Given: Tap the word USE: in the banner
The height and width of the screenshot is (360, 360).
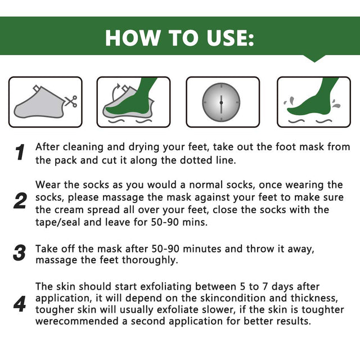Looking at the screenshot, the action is pos(230,38).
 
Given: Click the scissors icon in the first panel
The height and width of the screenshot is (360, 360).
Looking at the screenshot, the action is pos(71,101).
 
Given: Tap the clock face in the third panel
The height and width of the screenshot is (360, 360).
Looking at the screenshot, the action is pos(221,102).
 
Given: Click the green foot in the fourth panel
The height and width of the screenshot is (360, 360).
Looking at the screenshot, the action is pos(312,99).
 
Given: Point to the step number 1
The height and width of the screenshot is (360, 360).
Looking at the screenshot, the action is pos(20,152).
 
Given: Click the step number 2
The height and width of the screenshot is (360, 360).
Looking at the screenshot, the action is pos(20,201).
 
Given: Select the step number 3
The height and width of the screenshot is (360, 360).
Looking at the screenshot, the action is pos(20,253).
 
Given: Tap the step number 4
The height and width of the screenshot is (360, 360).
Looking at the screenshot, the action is pos(20,304).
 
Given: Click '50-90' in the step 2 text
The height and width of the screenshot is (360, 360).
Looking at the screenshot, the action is pos(165,222).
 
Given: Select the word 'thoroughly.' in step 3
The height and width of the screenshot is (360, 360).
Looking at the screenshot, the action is pos(150,260).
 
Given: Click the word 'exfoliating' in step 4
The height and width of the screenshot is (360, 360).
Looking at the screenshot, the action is pos(165,287).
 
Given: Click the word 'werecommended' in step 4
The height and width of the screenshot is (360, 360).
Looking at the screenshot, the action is pos(77,321).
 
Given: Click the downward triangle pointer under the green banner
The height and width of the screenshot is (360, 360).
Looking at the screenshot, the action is pos(314,58).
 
